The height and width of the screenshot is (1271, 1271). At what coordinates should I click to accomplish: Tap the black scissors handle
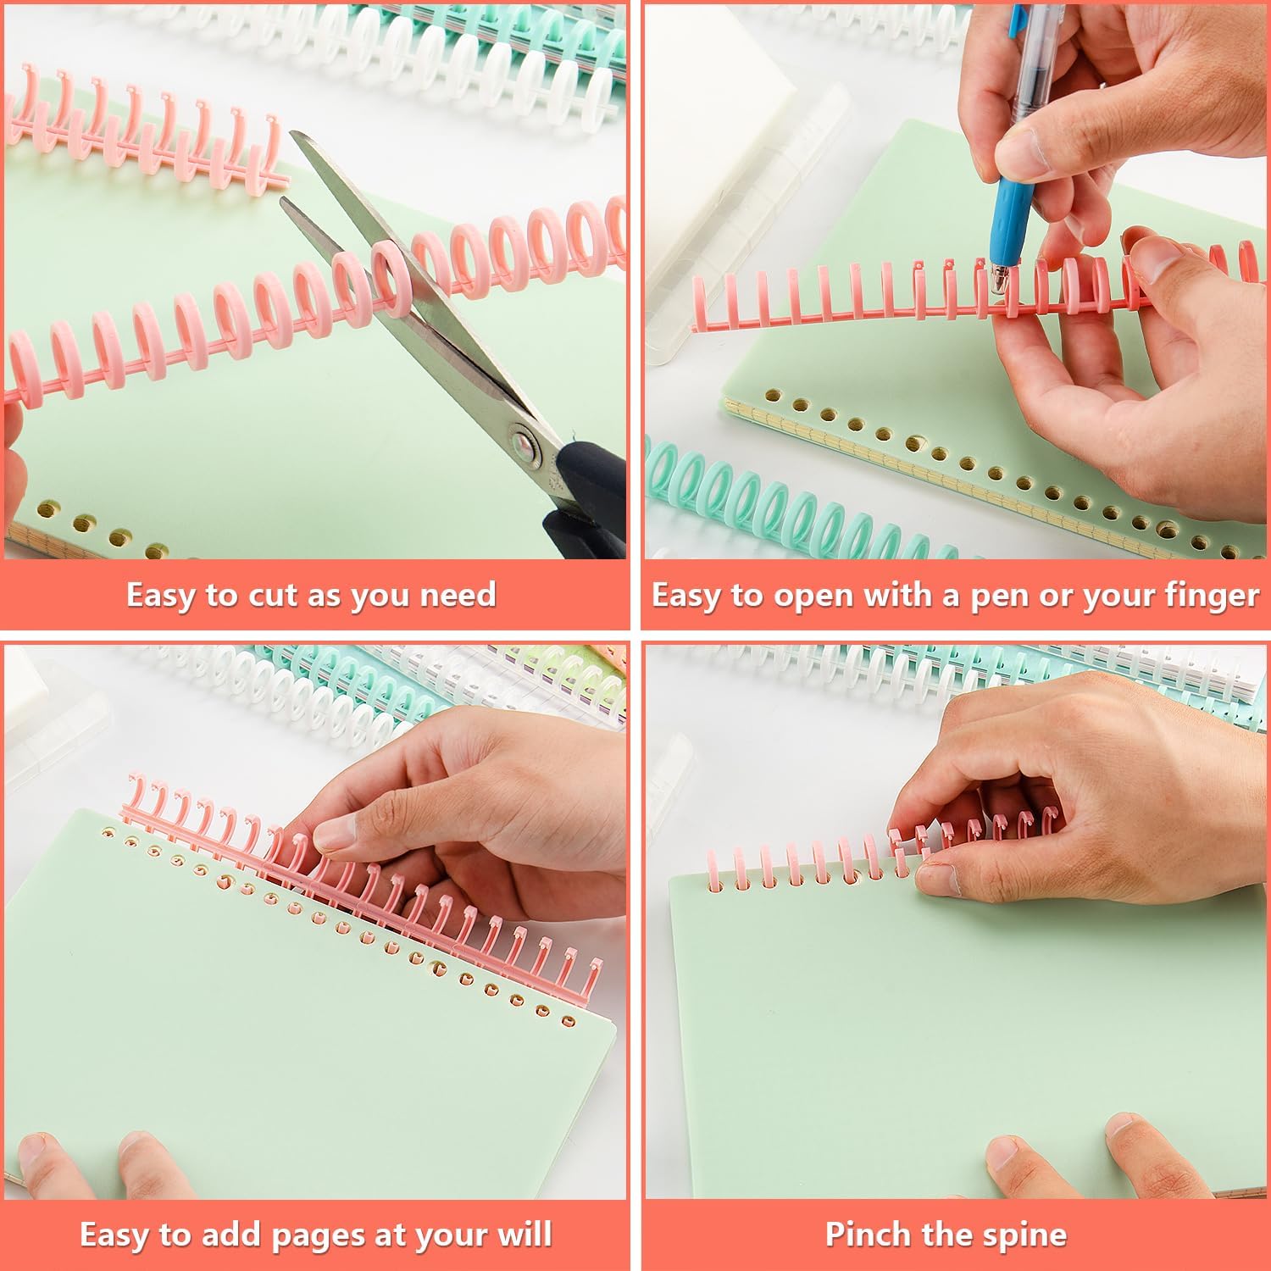coord(585,500)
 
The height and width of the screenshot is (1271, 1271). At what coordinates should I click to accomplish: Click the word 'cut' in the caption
coord(274,596)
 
